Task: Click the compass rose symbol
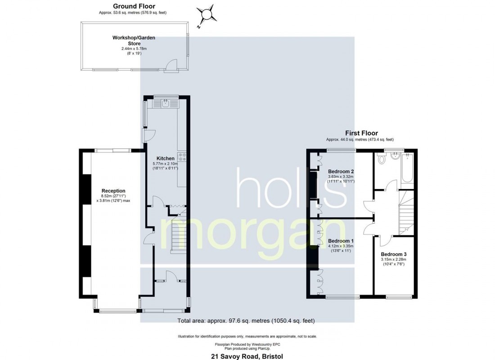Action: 207,13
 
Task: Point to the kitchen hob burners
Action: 183,157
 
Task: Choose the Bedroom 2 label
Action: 341,171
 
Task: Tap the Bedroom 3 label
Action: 393,254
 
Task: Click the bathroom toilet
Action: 382,159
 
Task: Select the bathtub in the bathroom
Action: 407,169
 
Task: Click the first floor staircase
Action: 406,211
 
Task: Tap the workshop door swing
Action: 171,66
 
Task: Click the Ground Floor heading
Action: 134,6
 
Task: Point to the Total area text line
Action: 246,321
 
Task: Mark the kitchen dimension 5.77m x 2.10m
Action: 165,163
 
